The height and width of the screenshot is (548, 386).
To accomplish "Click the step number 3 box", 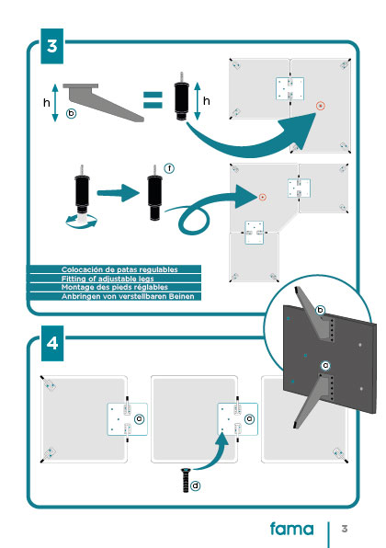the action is (52, 46).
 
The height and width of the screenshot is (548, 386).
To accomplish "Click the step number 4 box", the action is (52, 344).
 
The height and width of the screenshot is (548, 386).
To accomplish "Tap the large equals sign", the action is (153, 100).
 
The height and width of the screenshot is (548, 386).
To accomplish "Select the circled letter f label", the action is (169, 168).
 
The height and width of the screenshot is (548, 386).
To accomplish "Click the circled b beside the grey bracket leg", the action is (72, 113).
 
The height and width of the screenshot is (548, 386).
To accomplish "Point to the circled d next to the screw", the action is (195, 485).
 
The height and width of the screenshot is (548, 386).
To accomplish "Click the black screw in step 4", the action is (186, 480).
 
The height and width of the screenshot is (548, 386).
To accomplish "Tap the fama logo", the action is (291, 529).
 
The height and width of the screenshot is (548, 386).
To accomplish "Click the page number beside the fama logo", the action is (345, 529).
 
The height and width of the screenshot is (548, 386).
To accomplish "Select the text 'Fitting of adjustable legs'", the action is (108, 279).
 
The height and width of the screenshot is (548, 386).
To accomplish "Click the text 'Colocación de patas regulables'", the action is (119, 269).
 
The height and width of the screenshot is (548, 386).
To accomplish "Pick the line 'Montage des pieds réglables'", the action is (115, 287).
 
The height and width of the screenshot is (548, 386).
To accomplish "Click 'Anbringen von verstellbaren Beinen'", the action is (128, 296).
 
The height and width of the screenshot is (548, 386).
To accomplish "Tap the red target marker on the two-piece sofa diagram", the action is (321, 106).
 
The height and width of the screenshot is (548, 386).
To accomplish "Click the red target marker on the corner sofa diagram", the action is (263, 198).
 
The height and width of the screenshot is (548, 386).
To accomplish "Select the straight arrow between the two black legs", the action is (118, 193).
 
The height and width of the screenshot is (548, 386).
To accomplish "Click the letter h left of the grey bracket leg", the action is (47, 103).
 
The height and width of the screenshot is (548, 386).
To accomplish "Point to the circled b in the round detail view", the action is (320, 311).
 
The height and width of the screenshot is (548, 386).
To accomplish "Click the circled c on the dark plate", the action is (325, 366).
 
